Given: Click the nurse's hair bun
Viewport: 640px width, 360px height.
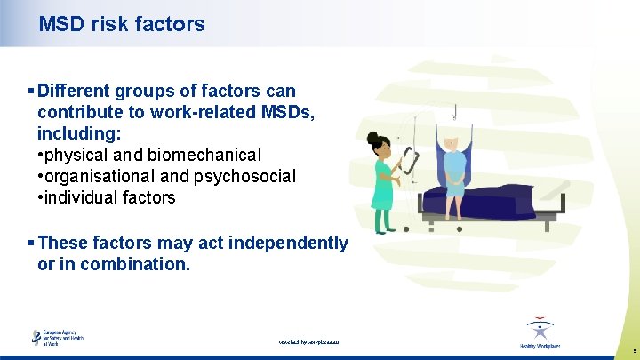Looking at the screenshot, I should coord(372,138).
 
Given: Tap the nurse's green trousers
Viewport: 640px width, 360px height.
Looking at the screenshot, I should coord(383,217).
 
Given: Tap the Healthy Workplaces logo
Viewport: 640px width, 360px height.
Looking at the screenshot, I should coord(540,334).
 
